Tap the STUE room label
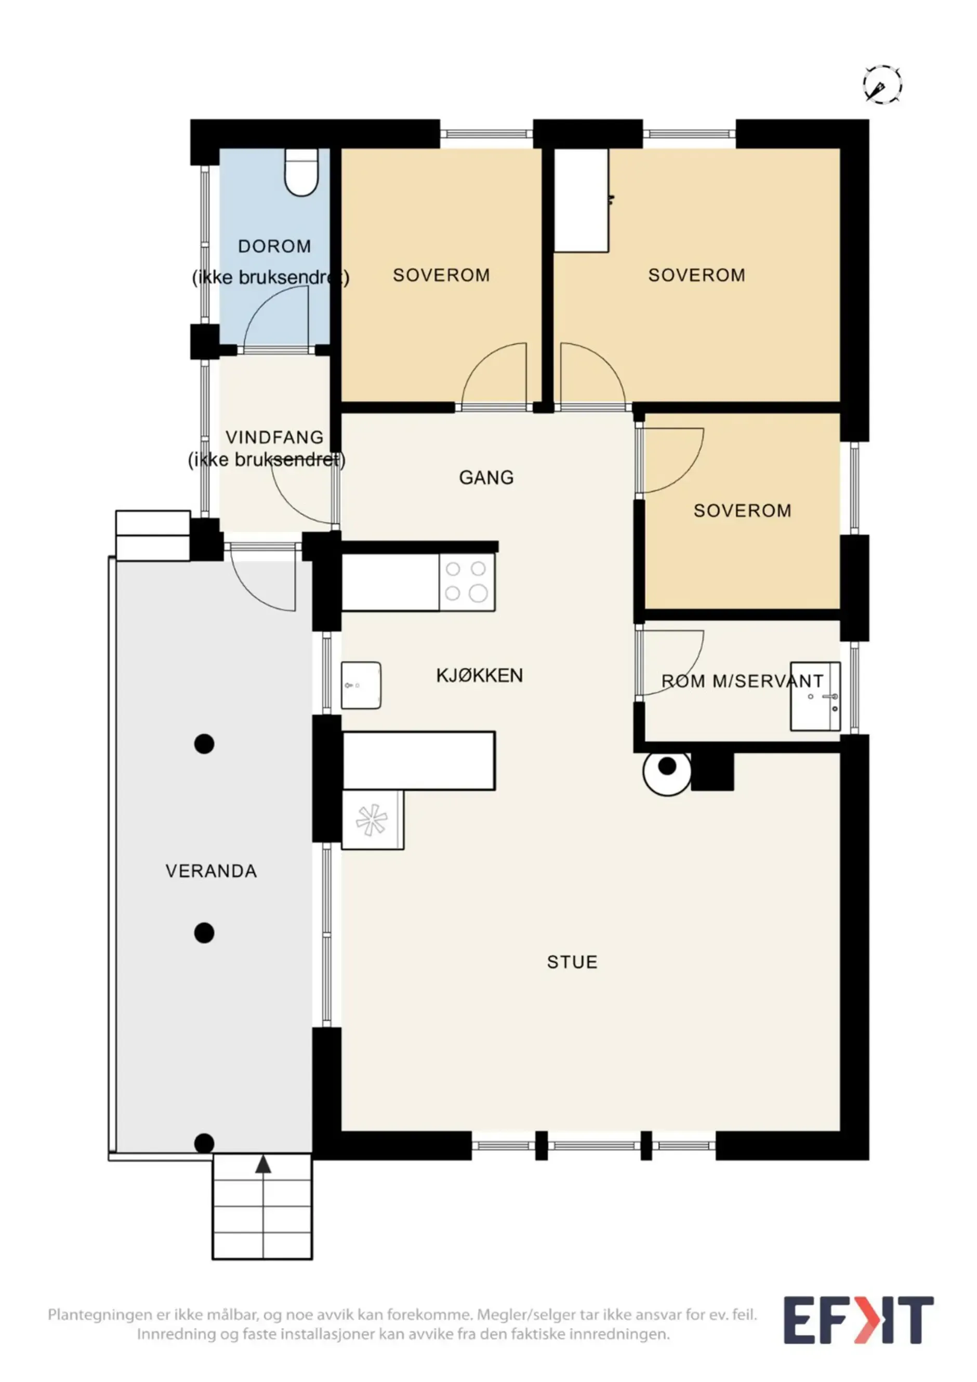coord(572,962)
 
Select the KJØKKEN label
coord(479,675)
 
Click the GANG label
coord(486,477)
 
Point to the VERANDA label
coord(212,871)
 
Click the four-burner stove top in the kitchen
coord(467,582)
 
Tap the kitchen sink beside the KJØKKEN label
coord(361,685)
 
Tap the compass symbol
coord(882,85)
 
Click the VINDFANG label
coord(274,437)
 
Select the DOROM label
coord(274,246)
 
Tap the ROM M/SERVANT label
coord(742,681)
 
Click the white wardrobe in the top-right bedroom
coord(581,200)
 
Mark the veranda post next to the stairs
coord(205,1143)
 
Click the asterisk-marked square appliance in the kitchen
coord(373,820)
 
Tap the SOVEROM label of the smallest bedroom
coord(742,510)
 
